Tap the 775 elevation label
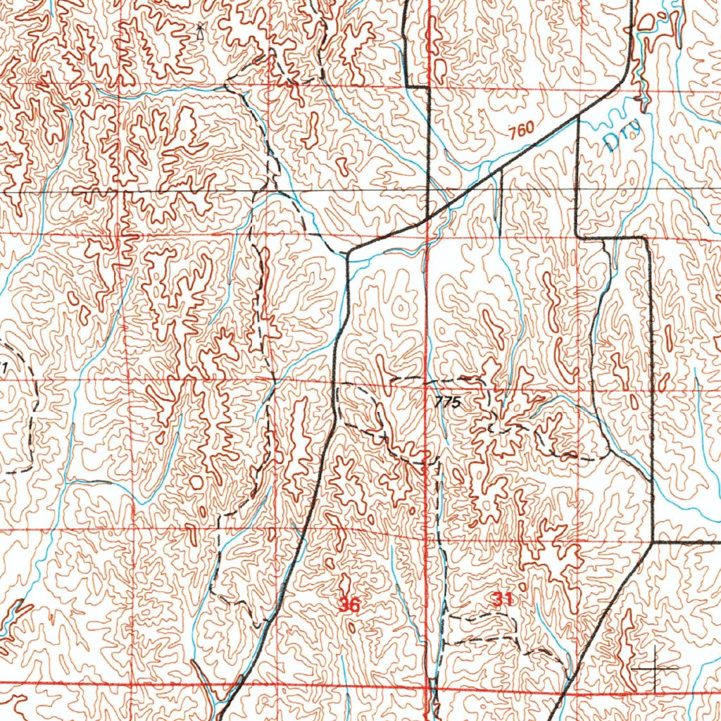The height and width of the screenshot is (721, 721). [447, 402]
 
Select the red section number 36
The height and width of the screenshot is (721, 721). [349, 604]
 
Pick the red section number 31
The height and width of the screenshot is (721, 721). [502, 599]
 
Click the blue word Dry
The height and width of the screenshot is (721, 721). [623, 135]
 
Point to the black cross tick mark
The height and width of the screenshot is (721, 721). [655, 666]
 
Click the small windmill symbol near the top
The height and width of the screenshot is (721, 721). [201, 29]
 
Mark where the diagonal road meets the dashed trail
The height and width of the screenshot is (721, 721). [347, 252]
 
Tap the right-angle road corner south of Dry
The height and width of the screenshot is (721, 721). [577, 237]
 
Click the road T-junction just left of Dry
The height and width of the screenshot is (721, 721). [578, 116]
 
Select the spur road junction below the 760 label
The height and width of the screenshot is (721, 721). [501, 169]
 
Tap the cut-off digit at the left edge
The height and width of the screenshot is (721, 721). [4, 367]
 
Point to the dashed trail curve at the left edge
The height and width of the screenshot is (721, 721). [28, 408]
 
